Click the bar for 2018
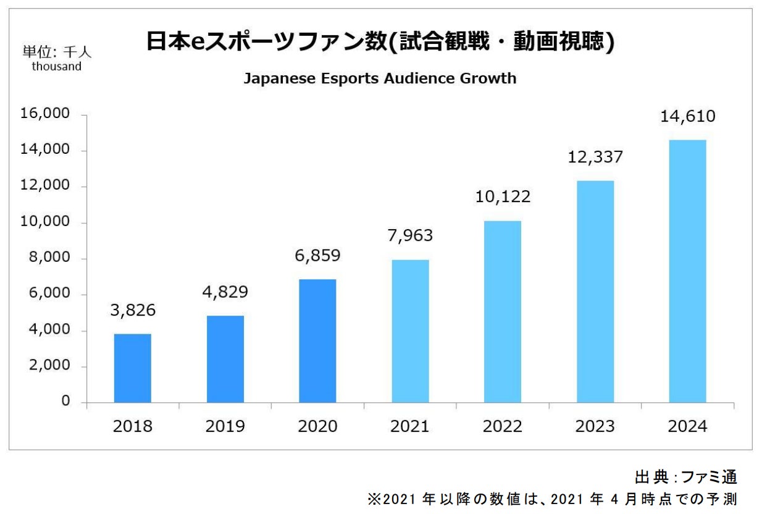coord(133,368)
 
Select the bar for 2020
coord(317,341)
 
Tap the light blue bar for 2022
coord(503,311)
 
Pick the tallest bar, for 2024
coord(687,271)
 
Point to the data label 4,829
coord(225,291)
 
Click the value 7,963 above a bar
coord(410,235)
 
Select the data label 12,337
coord(595,156)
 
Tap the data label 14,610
coord(687,116)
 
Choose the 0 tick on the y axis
coord(65,402)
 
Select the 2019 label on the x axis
coord(225,426)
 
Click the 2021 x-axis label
coord(410,426)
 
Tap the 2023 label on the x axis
coord(595,426)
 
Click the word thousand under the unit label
coord(57,67)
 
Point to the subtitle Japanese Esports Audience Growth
coord(380,79)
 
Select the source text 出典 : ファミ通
coord(686,477)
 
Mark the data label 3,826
coord(133,310)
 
